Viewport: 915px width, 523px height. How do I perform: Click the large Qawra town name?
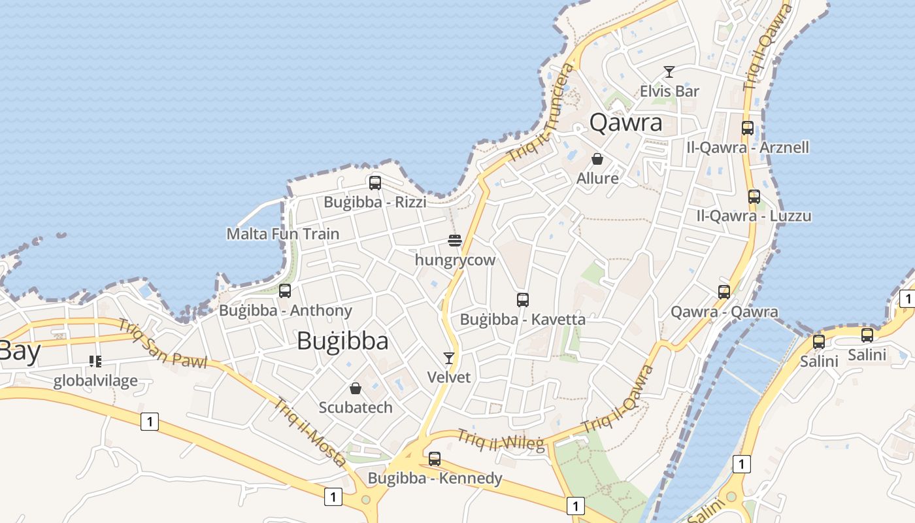tap(625, 122)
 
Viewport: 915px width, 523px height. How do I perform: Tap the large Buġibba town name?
tap(342, 341)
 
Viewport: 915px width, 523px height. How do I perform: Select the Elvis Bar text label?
tap(669, 91)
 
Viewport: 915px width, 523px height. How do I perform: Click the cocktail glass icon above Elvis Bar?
tap(669, 71)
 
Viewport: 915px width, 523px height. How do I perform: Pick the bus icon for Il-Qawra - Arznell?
tap(748, 128)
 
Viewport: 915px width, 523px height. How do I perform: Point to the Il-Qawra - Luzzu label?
tap(754, 216)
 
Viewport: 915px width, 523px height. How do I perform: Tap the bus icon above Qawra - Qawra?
tap(724, 292)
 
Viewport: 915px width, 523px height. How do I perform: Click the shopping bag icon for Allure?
tap(597, 159)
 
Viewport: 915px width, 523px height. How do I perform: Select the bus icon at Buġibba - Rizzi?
tap(375, 182)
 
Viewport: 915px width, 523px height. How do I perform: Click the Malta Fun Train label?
tap(283, 233)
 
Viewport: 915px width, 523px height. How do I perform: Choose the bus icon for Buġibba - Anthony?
tap(285, 291)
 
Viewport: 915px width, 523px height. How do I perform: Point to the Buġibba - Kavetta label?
tap(523, 320)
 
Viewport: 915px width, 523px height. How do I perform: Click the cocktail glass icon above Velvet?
tap(449, 358)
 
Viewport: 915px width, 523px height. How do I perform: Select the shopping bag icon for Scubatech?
tap(356, 388)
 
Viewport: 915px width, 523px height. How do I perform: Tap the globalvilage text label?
tap(95, 380)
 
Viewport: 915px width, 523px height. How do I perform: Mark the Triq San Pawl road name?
tap(162, 343)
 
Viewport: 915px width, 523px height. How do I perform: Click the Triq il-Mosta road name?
tap(309, 432)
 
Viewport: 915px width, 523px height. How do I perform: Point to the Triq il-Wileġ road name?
tap(501, 441)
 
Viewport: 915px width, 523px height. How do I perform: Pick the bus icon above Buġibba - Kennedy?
tap(435, 459)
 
